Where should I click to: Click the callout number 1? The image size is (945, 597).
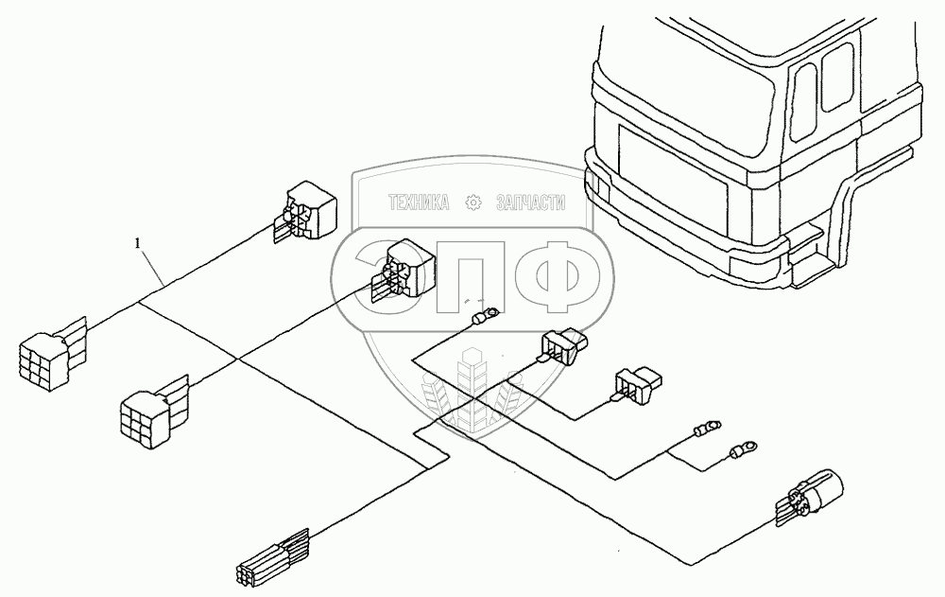click(x=138, y=243)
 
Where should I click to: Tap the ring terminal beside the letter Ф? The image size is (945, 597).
click(x=486, y=316)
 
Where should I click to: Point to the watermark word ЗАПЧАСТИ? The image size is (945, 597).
click(x=530, y=202)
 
